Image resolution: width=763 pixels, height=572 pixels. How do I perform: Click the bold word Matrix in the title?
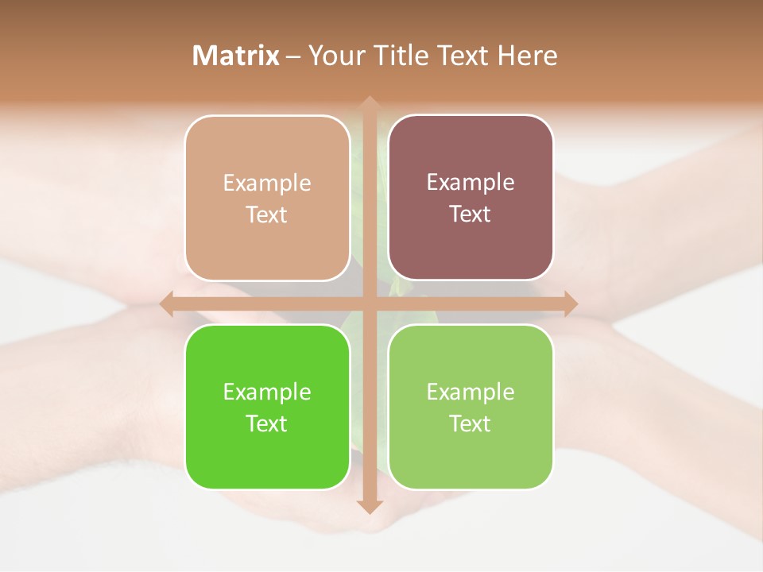pos(236,56)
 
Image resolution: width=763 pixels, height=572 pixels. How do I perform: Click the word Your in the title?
pos(334,56)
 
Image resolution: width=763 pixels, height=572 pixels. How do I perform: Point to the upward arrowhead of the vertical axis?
pos(370,103)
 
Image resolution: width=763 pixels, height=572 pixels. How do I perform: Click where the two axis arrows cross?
pos(370,303)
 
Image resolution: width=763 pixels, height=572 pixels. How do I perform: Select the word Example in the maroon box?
pos(471,183)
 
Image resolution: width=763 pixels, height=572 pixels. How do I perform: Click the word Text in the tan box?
pos(267,215)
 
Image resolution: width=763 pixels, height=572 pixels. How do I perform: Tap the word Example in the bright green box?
pos(267,392)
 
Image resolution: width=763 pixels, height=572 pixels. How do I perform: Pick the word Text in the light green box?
pos(471,423)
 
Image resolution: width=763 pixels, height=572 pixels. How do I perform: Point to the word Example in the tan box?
pos(267,184)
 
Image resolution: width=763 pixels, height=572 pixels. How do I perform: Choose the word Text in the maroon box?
pos(471,214)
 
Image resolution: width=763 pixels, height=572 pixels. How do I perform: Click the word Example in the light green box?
pos(471,392)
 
